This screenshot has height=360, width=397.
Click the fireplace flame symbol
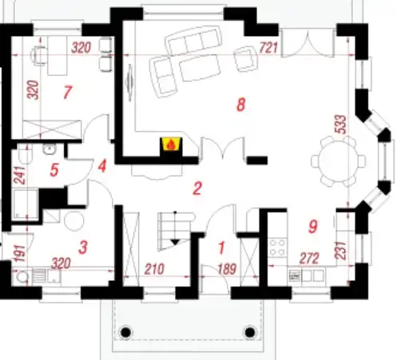click(x=171, y=145)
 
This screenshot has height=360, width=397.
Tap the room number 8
click(x=240, y=105)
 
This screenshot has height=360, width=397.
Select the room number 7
click(x=67, y=92)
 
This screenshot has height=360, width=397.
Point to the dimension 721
click(x=268, y=48)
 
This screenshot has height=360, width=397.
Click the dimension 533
click(x=341, y=125)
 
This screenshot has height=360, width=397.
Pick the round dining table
click(x=338, y=161)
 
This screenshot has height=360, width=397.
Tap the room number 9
click(x=313, y=227)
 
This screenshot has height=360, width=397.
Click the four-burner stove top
click(x=277, y=247)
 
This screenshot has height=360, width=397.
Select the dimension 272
click(x=309, y=258)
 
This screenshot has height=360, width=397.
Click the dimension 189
click(x=227, y=269)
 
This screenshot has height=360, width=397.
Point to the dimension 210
click(x=154, y=269)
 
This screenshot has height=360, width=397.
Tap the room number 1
click(x=221, y=247)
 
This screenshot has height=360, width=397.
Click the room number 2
click(x=197, y=188)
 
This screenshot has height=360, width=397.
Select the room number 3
click(x=83, y=247)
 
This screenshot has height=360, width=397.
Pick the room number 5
click(x=54, y=170)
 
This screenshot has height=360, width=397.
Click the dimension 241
click(x=20, y=175)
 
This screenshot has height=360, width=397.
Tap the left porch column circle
click(x=126, y=332)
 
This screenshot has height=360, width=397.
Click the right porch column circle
click(x=250, y=332)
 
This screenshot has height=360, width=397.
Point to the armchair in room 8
click(x=246, y=59)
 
